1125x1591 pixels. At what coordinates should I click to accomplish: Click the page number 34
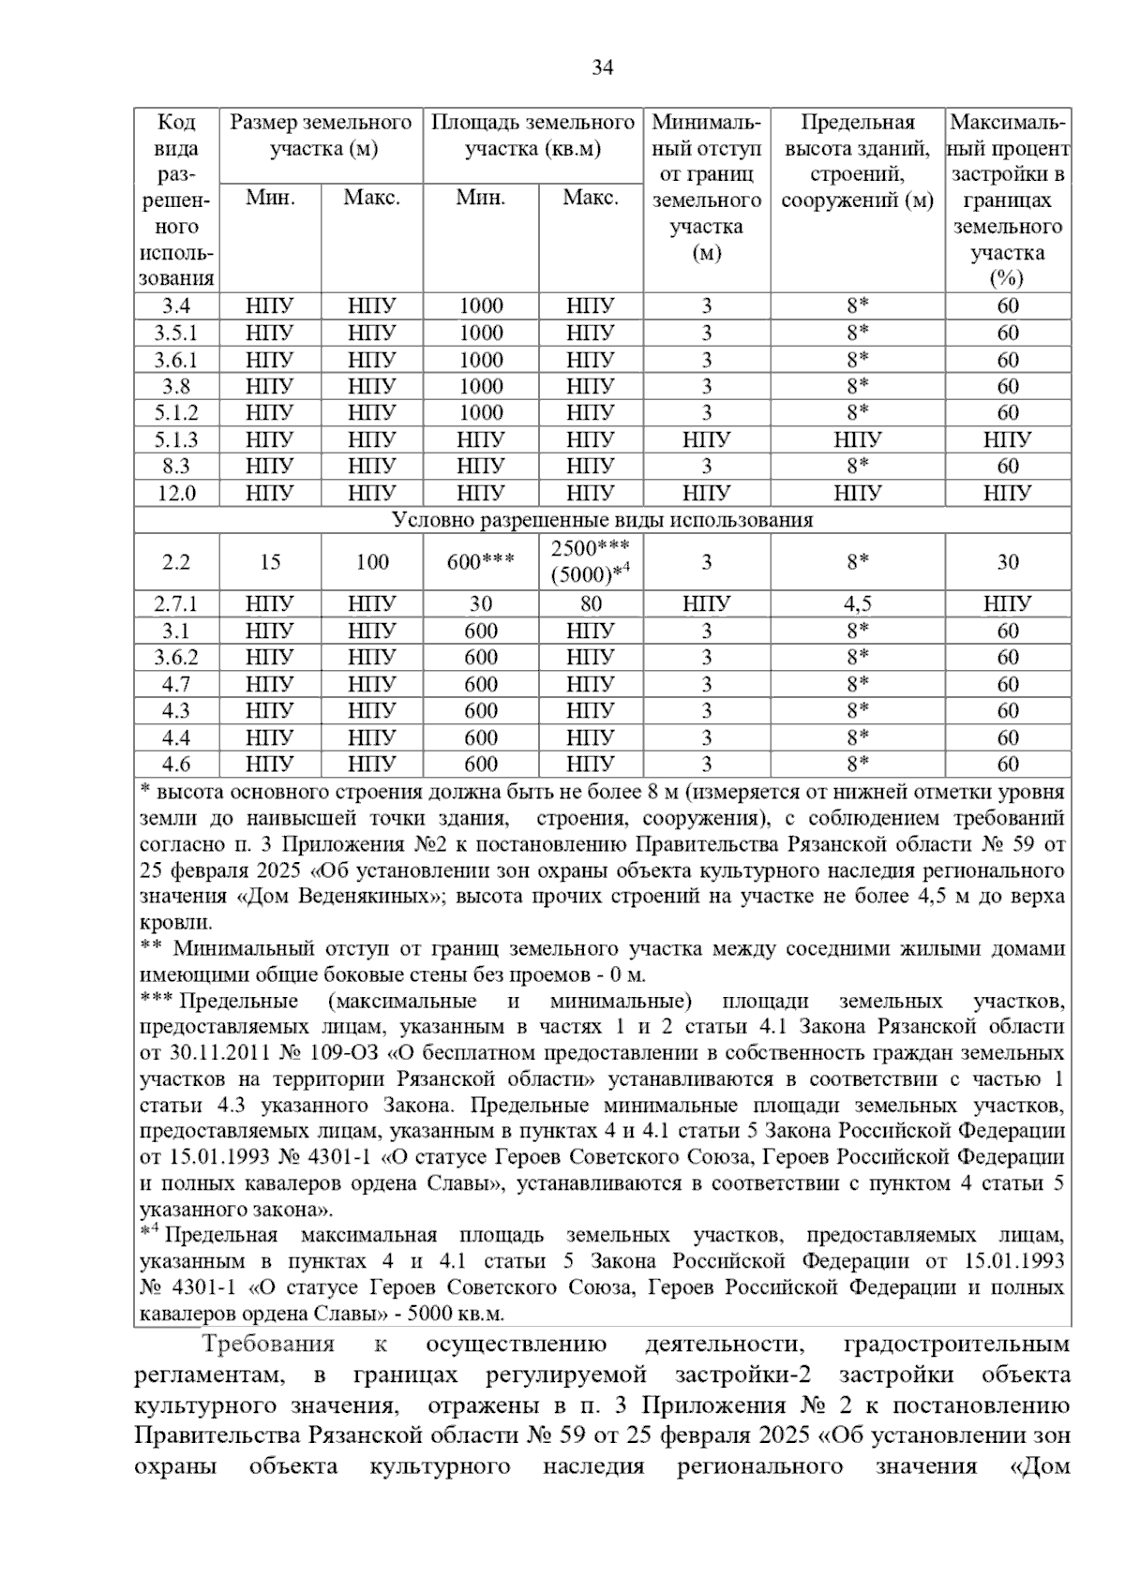point(603,67)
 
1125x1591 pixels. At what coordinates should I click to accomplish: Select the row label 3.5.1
point(175,334)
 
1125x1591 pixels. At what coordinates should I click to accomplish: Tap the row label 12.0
point(175,493)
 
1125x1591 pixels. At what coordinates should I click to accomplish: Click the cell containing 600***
point(480,562)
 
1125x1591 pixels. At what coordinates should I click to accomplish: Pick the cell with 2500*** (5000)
point(591,562)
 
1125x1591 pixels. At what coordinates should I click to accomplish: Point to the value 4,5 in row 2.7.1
point(857,604)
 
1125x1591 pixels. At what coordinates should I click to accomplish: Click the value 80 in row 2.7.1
point(591,604)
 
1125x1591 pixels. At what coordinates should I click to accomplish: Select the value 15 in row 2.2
point(270,562)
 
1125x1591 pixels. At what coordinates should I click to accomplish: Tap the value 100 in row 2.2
point(372,562)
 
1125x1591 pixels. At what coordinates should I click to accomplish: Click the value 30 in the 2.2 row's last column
point(1008,562)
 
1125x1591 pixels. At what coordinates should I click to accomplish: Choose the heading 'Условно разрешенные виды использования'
point(602,520)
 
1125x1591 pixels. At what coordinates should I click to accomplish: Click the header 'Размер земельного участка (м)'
point(322,136)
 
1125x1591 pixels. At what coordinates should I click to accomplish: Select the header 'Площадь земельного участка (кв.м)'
point(532,136)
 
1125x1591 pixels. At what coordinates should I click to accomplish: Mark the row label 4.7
point(175,685)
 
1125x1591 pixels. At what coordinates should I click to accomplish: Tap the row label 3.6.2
point(175,658)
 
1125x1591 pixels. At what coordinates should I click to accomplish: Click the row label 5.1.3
point(175,439)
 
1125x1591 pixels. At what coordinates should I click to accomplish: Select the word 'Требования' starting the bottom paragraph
point(268,1346)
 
